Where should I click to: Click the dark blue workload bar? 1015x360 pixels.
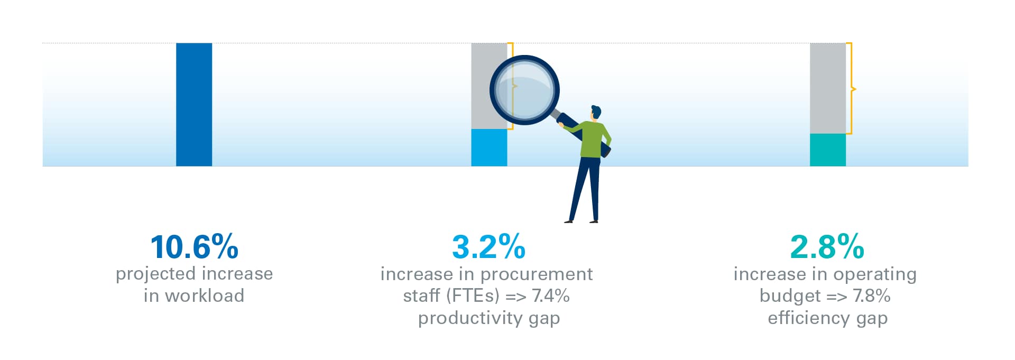pyautogui.click(x=194, y=105)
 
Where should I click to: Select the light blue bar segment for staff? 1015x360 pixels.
pyautogui.click(x=489, y=147)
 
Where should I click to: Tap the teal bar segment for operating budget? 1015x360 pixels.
pyautogui.click(x=828, y=150)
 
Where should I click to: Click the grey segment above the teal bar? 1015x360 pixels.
pyautogui.click(x=828, y=88)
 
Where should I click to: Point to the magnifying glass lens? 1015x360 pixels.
pyautogui.click(x=524, y=90)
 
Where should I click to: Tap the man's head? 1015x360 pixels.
pyautogui.click(x=596, y=113)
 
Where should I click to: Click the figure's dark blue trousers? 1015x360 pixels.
pyautogui.click(x=585, y=188)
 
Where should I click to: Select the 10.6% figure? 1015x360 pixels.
pyautogui.click(x=195, y=247)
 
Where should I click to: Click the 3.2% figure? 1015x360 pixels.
pyautogui.click(x=489, y=247)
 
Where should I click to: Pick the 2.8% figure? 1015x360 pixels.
pyautogui.click(x=827, y=247)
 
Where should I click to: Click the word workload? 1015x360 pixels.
pyautogui.click(x=205, y=296)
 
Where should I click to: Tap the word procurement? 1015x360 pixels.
pyautogui.click(x=537, y=274)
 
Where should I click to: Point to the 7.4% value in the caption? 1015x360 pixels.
pyautogui.click(x=551, y=296)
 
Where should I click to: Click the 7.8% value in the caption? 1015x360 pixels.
pyautogui.click(x=872, y=296)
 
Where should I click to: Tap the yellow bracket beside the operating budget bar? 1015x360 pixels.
pyautogui.click(x=851, y=88)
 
